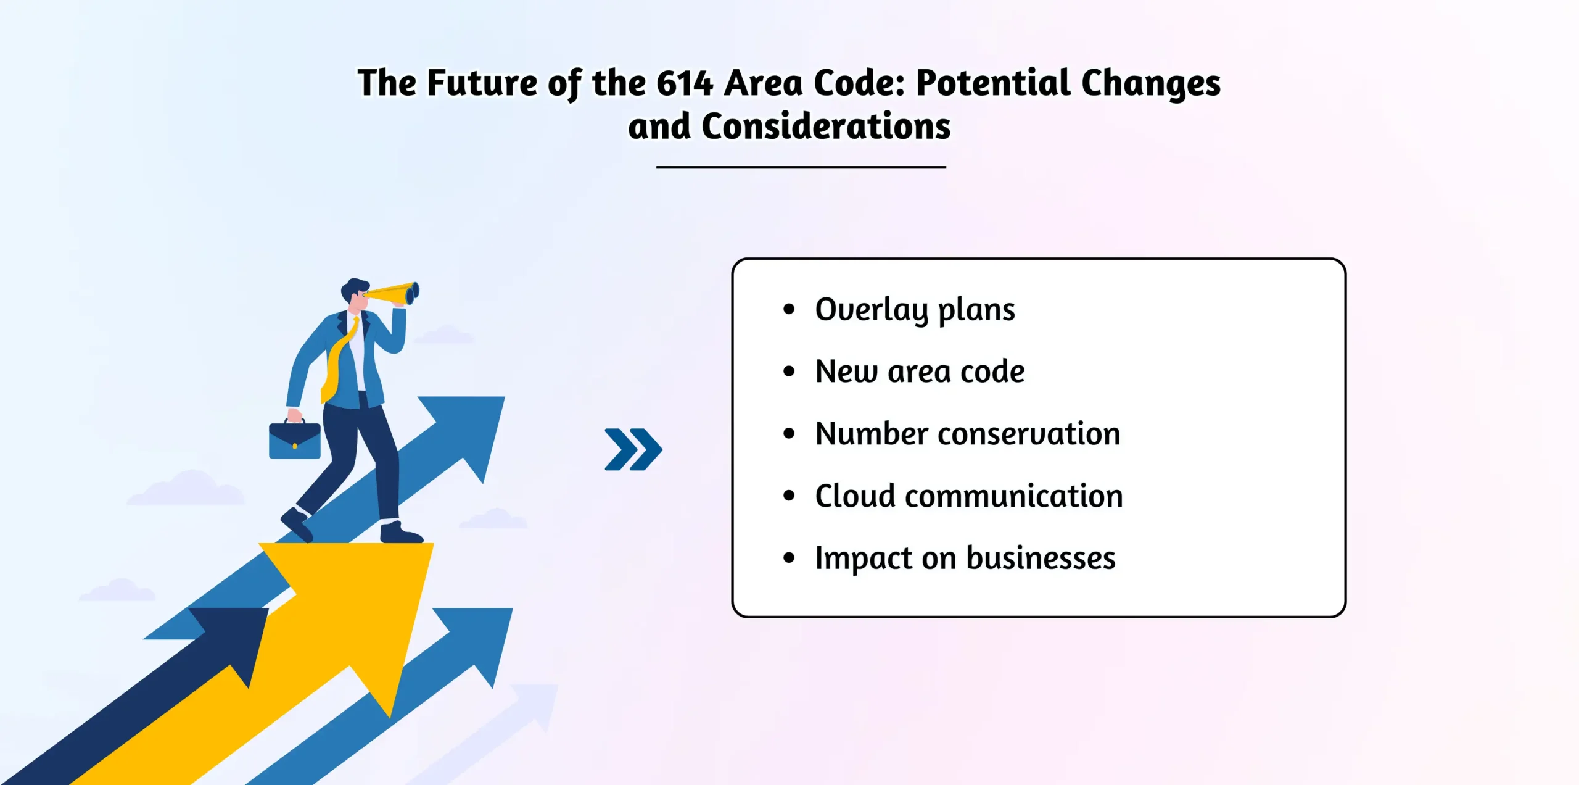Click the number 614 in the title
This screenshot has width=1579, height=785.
point(685,83)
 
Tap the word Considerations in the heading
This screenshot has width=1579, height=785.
point(826,127)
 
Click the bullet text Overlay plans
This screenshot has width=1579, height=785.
point(915,310)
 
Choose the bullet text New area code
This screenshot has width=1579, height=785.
point(920,372)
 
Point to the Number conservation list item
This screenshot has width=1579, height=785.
point(967,433)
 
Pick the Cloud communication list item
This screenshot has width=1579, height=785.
point(969,496)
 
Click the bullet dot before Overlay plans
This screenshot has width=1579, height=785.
point(789,310)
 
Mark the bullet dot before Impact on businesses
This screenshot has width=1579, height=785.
point(789,559)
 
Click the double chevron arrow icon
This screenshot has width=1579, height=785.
point(633,449)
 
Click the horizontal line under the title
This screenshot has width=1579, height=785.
point(801,167)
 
